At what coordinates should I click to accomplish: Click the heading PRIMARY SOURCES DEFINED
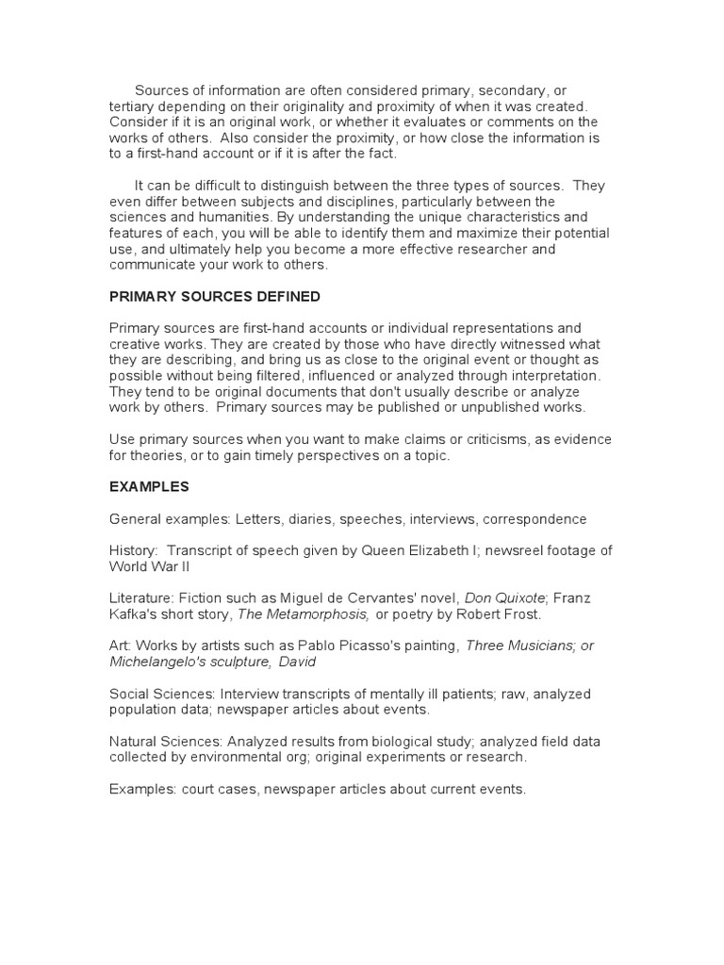point(215,297)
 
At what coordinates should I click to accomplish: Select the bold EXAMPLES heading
point(149,487)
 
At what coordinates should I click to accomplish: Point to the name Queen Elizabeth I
point(418,551)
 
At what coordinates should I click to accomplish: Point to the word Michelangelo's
point(155,662)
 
